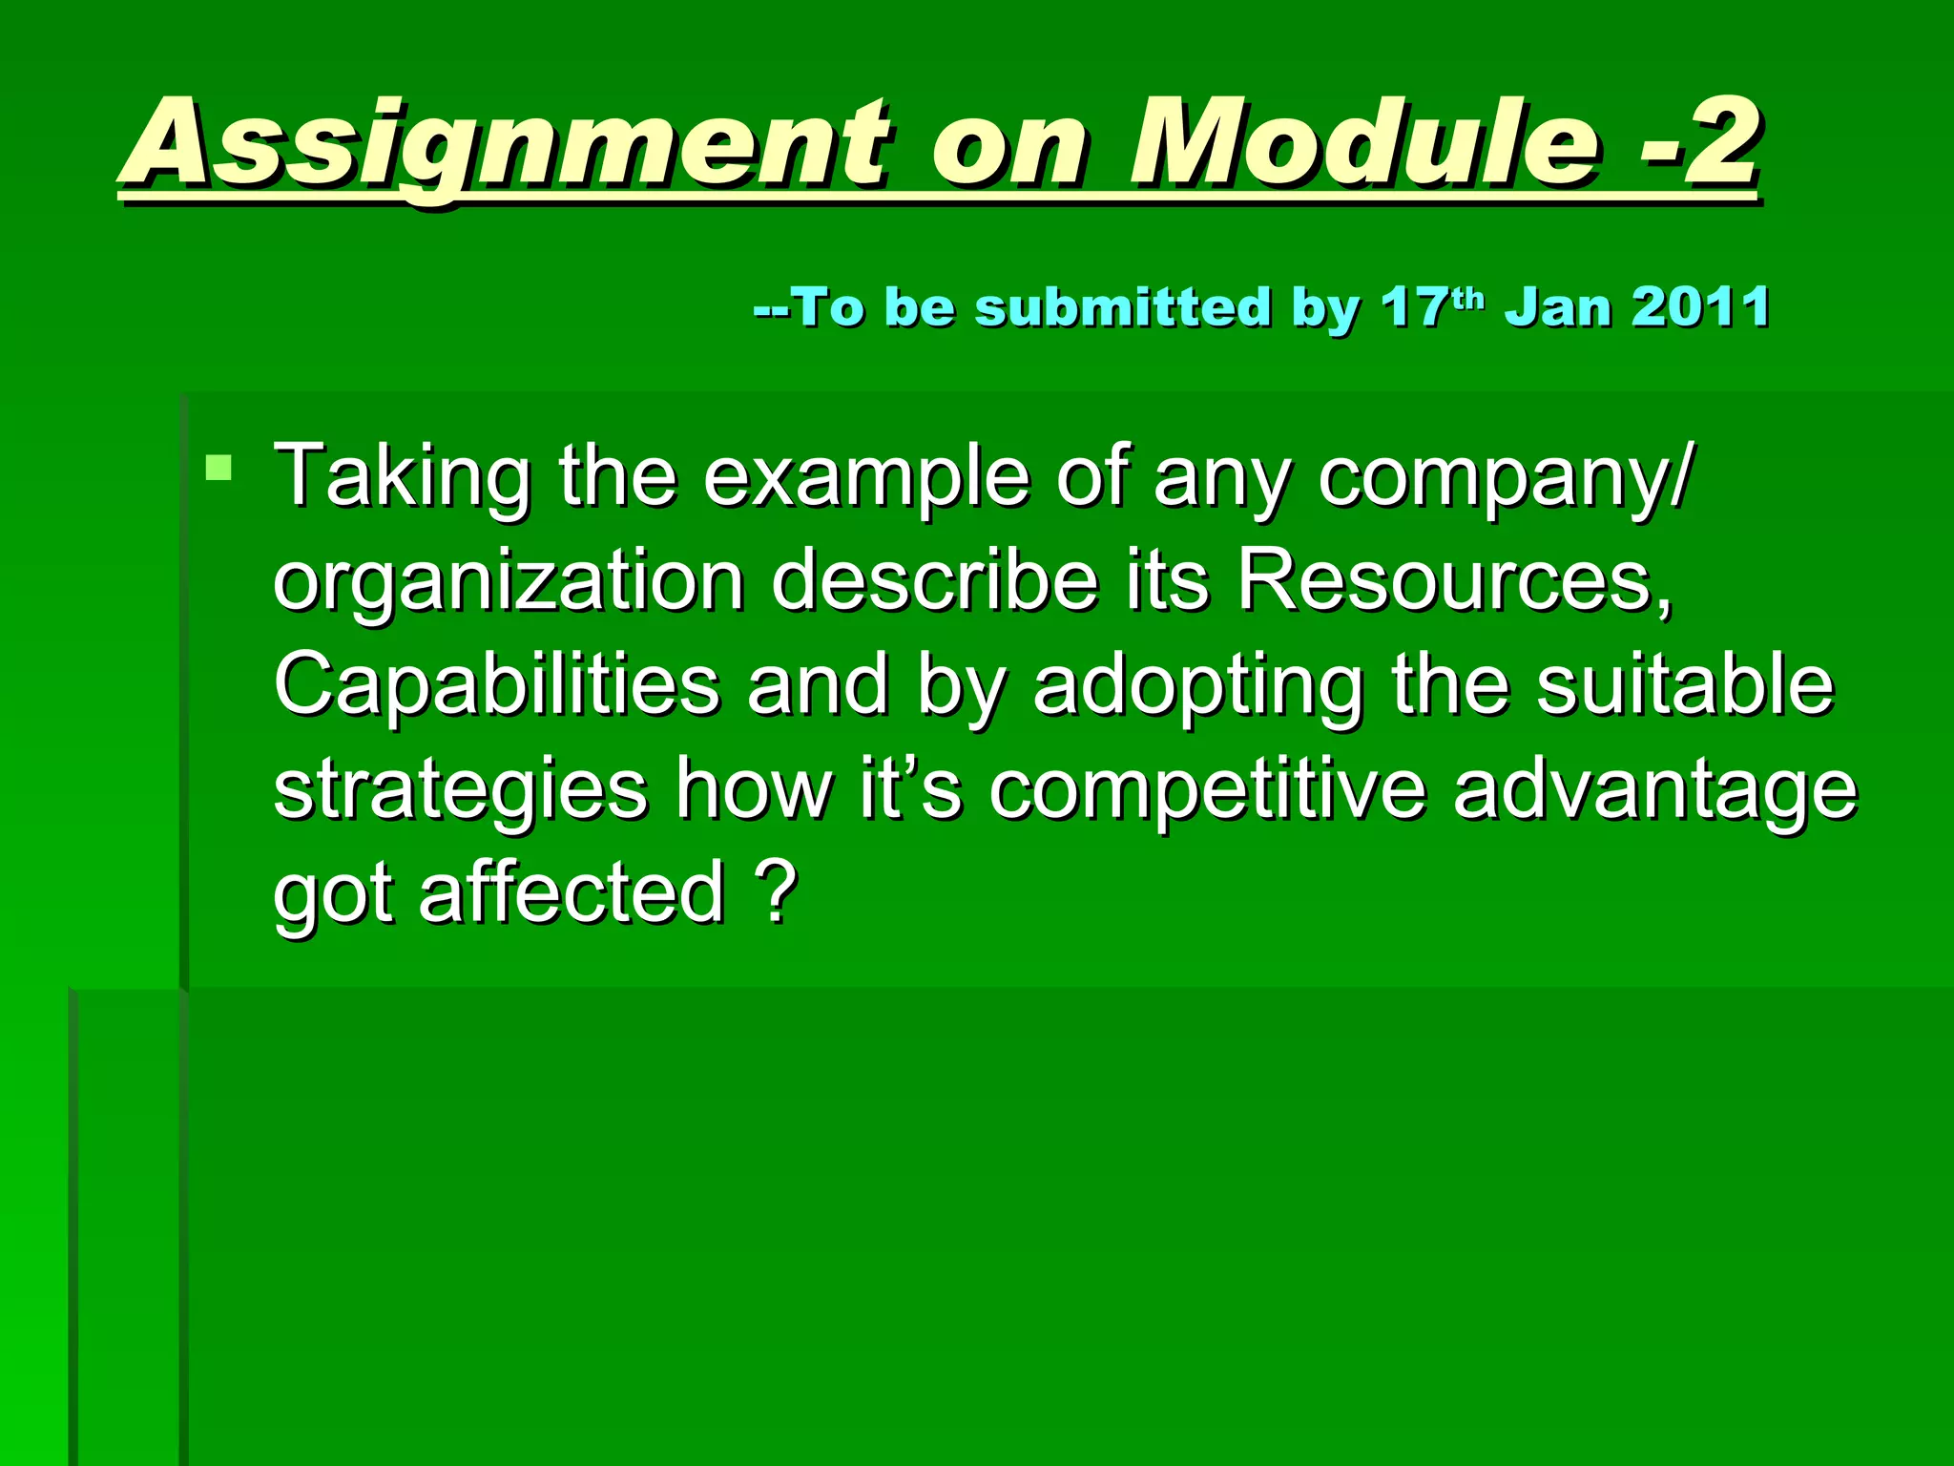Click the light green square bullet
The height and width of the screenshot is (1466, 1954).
(x=218, y=468)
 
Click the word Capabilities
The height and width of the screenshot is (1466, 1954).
(x=496, y=684)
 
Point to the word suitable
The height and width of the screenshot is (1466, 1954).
(x=1684, y=684)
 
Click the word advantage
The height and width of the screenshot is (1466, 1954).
(x=1654, y=789)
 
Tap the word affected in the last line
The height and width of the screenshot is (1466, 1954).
(x=572, y=892)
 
